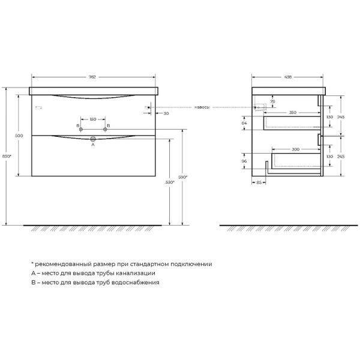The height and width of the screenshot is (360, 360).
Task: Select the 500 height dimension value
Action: point(19,137)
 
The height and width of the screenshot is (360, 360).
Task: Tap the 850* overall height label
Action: point(7,157)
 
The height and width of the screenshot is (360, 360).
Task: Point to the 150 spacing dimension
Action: point(93,119)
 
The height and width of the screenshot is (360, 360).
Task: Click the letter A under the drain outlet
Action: point(93,144)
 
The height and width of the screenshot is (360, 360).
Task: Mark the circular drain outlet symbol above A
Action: point(93,139)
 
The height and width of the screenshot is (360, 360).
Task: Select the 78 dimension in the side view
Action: point(273,102)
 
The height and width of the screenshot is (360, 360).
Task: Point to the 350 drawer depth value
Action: point(292,113)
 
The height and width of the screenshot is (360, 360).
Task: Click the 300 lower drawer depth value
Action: point(296,148)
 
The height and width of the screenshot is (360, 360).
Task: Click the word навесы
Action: point(202,107)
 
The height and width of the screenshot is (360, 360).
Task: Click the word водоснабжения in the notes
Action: point(138,282)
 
